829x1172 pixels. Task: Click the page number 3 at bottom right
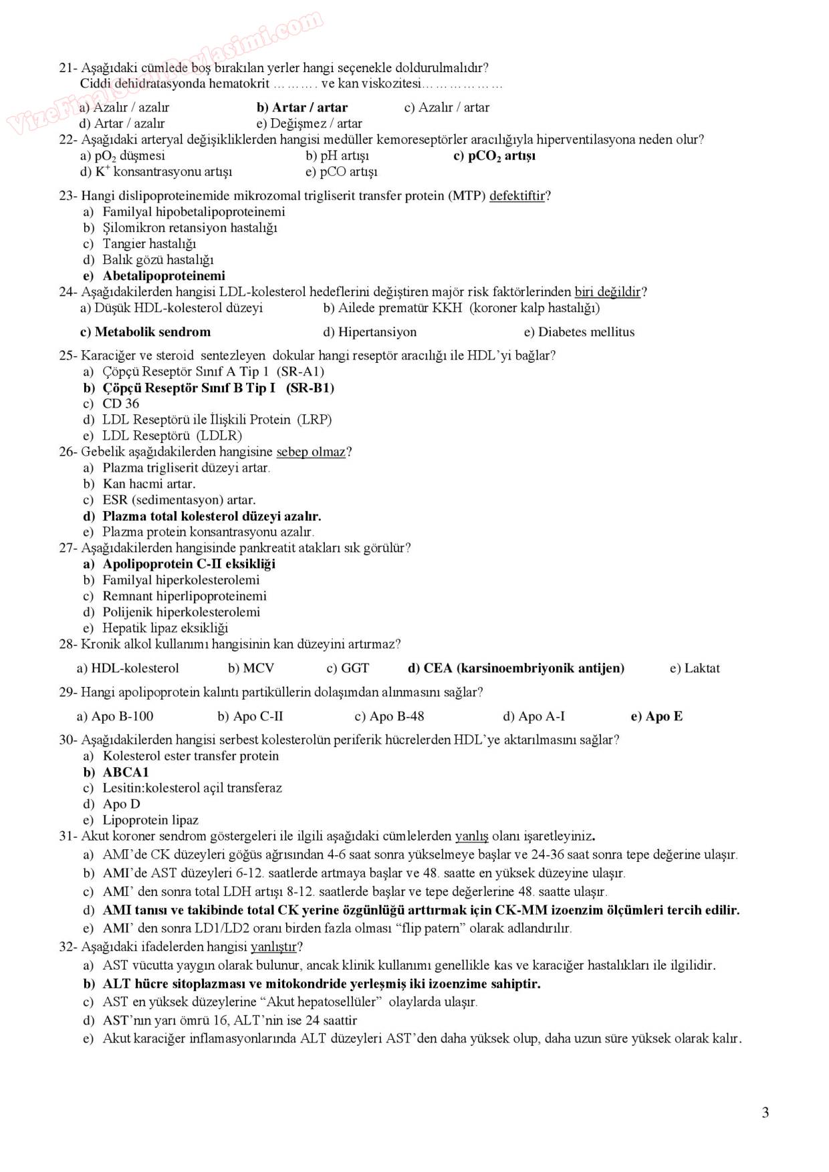tap(765, 1113)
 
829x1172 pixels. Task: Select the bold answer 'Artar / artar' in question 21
tap(302, 108)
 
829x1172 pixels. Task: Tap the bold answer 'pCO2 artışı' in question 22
tap(495, 156)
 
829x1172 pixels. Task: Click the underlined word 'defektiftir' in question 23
tap(517, 196)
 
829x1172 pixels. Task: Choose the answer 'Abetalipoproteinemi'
tap(164, 276)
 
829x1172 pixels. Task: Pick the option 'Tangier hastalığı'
tap(149, 244)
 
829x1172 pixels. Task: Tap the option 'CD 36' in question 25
tap(120, 404)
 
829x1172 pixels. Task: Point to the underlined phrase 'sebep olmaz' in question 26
tap(311, 452)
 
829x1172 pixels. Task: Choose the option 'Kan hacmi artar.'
tap(148, 484)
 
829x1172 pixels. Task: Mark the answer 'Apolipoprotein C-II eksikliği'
tap(189, 564)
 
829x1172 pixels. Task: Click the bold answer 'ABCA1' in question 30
tap(126, 772)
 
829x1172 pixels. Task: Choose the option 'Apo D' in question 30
tap(121, 804)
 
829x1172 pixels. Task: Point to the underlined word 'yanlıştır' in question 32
tap(273, 947)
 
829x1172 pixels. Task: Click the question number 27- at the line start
tap(68, 548)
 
